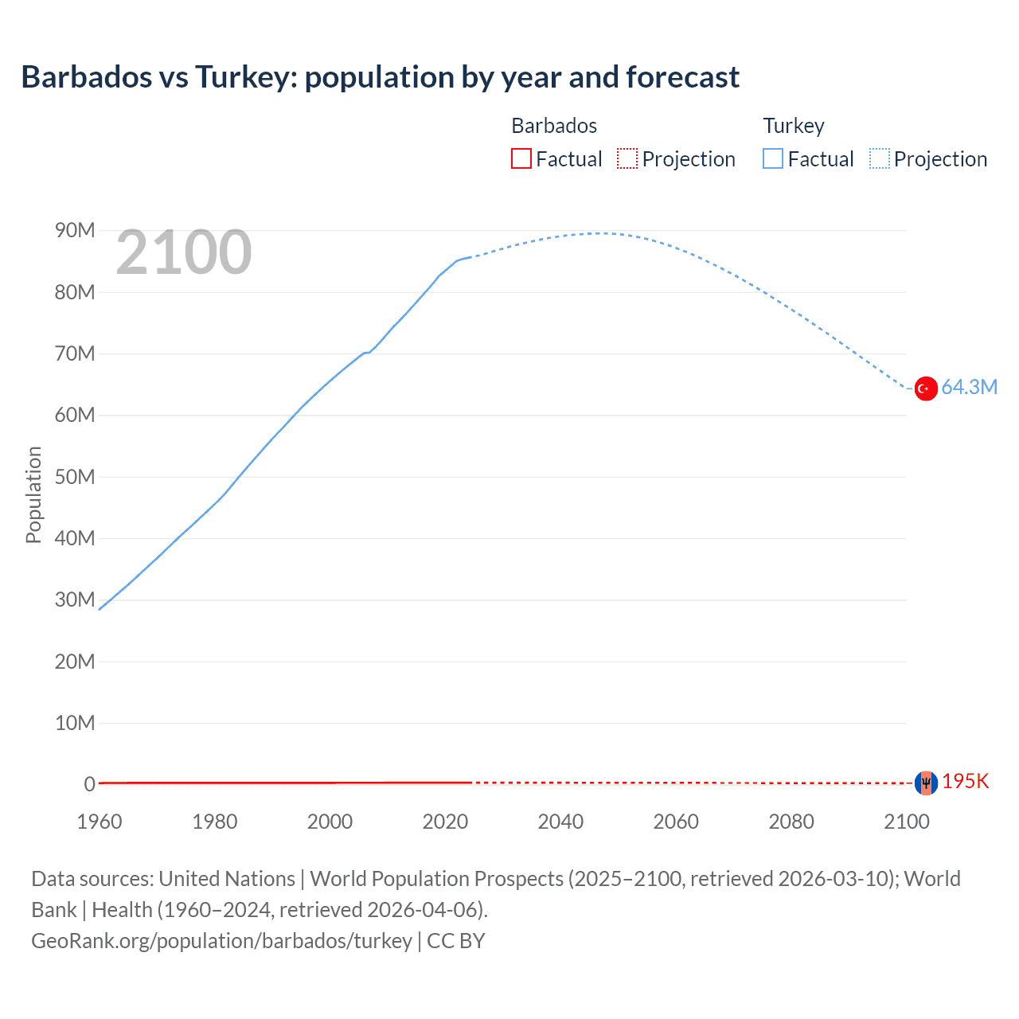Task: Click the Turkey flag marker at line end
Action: pos(925,388)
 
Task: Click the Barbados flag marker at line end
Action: pos(926,783)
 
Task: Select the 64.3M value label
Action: pos(969,388)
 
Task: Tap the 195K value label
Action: pos(965,782)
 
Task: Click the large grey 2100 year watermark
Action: pos(184,252)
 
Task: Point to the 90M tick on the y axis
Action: pos(75,231)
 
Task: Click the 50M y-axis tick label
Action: pos(75,477)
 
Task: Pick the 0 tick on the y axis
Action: pos(89,784)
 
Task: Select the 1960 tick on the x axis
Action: pos(100,822)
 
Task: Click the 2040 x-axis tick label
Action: pos(560,822)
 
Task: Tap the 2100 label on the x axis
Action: pos(906,822)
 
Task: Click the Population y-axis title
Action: pos(33,494)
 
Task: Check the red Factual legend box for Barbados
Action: pos(521,158)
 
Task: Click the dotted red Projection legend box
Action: pos(627,158)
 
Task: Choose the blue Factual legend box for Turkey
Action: pos(773,158)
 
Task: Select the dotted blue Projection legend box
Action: pos(880,158)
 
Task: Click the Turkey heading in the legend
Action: pos(794,126)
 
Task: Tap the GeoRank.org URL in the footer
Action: pos(221,941)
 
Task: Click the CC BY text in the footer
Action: pos(456,941)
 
